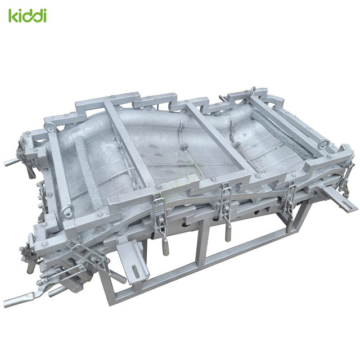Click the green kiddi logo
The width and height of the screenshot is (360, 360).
27,15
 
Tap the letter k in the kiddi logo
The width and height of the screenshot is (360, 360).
13,15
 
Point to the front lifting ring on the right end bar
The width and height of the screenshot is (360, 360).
322,145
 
